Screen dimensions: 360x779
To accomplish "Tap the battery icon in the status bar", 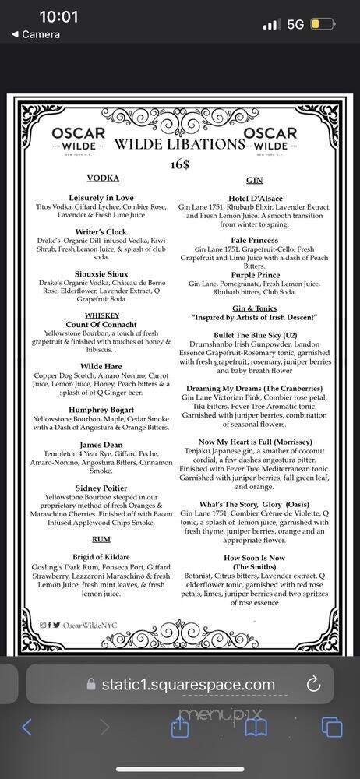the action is pos(321,24).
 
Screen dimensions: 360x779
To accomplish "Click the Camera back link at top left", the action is pos(35,34).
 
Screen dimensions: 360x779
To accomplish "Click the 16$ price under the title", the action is pos(179,164).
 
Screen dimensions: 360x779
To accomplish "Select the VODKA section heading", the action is pos(103,178).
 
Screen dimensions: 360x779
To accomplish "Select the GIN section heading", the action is pos(254,178).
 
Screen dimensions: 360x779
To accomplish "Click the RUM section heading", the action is pos(101,538).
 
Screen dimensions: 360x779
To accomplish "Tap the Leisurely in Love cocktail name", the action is pos(101,198).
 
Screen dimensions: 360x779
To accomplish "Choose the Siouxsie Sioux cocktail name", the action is pos(101,273).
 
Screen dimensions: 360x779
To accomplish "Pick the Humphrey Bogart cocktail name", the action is pos(101,410).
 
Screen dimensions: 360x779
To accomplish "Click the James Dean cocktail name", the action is pos(101,444).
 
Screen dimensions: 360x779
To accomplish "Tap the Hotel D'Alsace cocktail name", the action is pos(254,198).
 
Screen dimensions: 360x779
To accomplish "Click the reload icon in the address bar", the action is pos(313,684).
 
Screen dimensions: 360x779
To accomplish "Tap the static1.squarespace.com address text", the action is pos(189,685).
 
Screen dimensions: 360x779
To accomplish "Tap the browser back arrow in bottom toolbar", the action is pos(26,728).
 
